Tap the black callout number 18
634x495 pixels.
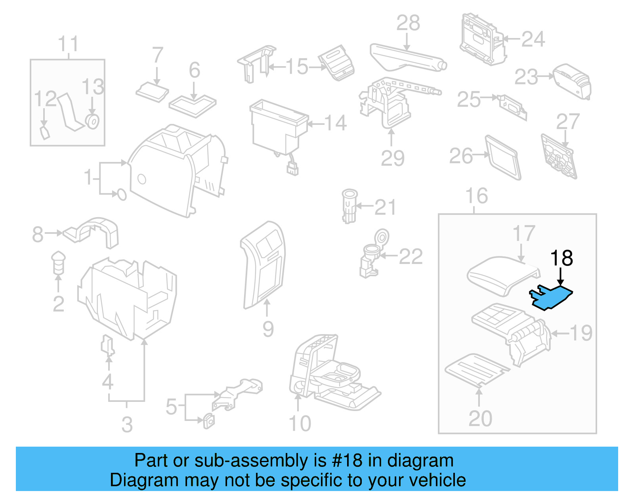tap(561, 258)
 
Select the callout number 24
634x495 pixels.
tap(533, 39)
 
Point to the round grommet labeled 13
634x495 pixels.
tap(93, 121)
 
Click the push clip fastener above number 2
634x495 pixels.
tap(58, 262)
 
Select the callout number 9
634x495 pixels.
tap(268, 329)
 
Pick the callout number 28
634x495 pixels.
tap(408, 23)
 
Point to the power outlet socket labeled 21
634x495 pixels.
tap(349, 205)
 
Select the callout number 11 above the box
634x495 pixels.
tap(68, 44)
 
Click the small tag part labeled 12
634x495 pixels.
tap(45, 133)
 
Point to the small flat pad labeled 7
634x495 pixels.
tap(152, 92)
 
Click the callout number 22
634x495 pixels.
tap(411, 257)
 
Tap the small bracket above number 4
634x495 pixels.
tap(108, 345)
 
